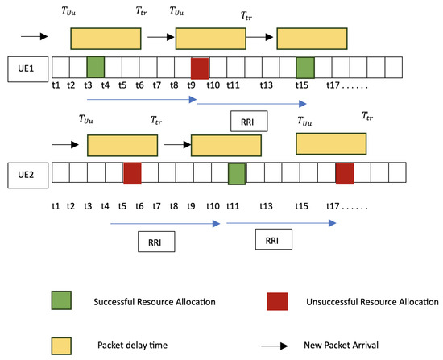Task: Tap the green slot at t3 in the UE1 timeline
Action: (96, 66)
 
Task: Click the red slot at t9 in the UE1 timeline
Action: (200, 67)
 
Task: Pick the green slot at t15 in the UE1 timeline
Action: (304, 66)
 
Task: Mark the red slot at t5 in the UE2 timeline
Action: (132, 172)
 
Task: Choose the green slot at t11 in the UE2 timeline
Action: (236, 172)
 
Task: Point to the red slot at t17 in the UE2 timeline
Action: (345, 172)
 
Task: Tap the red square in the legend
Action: (277, 300)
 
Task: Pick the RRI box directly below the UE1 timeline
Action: (249, 121)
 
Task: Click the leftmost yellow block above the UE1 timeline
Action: (105, 38)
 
